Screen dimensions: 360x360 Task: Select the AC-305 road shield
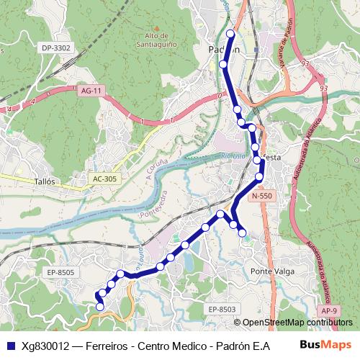pyautogui.click(x=105, y=178)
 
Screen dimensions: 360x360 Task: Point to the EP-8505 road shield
pyautogui.click(x=61, y=272)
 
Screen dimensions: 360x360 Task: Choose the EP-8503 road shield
pyautogui.click(x=222, y=309)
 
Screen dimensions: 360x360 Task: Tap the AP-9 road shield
pyautogui.click(x=329, y=310)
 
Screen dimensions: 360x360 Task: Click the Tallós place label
pyautogui.click(x=45, y=182)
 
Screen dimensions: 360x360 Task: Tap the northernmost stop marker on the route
pyautogui.click(x=230, y=34)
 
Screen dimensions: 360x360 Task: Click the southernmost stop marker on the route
pyautogui.click(x=99, y=307)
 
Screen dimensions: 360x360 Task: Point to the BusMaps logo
pyautogui.click(x=326, y=345)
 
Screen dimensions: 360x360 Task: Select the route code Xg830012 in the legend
pyautogui.click(x=45, y=346)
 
